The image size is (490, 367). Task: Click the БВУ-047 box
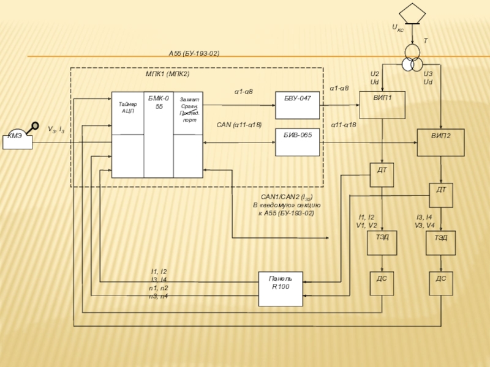[x=297, y=106]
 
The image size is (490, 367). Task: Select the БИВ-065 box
[x=297, y=142]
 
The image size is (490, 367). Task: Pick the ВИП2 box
[x=440, y=143]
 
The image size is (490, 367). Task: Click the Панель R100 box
[x=281, y=288]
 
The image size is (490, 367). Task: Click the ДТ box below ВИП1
[x=382, y=174]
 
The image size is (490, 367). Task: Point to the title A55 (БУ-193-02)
[x=194, y=54]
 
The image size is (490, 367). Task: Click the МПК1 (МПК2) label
[x=167, y=73]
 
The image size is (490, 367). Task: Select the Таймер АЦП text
[x=127, y=108]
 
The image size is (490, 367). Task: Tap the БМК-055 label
[x=159, y=102]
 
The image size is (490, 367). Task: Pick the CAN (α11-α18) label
[x=239, y=125]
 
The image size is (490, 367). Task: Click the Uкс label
[x=398, y=28]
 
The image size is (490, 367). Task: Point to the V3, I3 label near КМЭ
[x=56, y=130]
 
